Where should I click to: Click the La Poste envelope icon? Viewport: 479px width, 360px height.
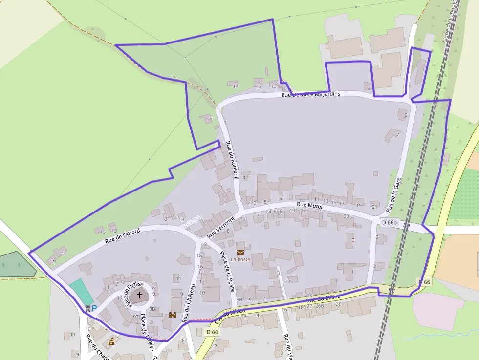pos(240,252)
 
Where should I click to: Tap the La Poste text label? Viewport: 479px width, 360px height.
pos(240,259)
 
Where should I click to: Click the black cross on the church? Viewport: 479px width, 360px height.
pos(140,295)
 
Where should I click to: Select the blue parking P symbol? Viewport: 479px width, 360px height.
pos(94,308)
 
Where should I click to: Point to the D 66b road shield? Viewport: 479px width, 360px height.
pos(390,223)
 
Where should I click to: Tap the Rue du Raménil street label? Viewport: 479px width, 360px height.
pos(231,160)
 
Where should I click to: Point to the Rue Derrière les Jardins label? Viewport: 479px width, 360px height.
pos(310,94)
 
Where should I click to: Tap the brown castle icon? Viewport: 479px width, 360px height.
pos(173,315)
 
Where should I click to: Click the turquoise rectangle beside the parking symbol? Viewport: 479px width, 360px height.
pos(81,291)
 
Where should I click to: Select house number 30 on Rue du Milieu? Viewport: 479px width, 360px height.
pos(338,304)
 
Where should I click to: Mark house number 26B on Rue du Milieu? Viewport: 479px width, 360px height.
pos(319,306)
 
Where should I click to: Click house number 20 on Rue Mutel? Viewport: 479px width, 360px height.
pos(346,216)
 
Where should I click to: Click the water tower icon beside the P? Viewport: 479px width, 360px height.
pos(88,308)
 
